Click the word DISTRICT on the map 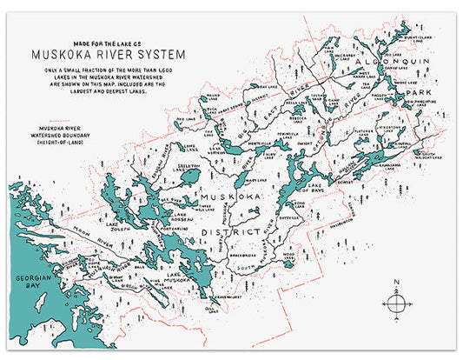(241, 233)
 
